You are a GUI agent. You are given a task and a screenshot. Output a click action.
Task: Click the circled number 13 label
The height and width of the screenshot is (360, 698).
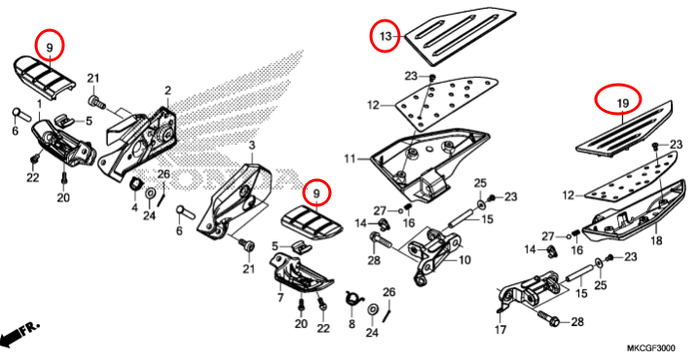click(386, 37)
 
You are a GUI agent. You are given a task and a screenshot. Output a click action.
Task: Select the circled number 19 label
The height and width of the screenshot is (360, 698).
click(622, 104)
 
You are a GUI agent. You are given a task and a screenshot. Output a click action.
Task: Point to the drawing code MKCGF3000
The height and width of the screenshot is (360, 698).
click(651, 348)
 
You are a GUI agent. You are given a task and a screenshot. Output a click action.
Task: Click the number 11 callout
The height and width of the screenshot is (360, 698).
click(349, 158)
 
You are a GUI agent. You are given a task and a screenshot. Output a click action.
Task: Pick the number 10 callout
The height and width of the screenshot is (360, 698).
click(463, 260)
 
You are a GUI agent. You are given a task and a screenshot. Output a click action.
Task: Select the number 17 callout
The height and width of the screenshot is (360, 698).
click(500, 330)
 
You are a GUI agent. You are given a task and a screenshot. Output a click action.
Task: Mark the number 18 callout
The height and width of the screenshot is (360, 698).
click(656, 240)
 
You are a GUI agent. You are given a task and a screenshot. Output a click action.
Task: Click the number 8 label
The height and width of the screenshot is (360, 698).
click(351, 324)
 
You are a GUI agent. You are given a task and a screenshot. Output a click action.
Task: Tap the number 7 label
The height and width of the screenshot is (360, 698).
click(280, 298)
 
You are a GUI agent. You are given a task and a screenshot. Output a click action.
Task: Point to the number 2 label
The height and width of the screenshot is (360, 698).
click(167, 90)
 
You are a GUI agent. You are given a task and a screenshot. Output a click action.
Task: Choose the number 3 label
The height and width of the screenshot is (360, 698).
click(251, 146)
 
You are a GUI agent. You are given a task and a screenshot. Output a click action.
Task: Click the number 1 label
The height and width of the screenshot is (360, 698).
click(39, 104)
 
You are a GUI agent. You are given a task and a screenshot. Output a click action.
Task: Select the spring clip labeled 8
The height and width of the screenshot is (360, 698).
click(353, 297)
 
